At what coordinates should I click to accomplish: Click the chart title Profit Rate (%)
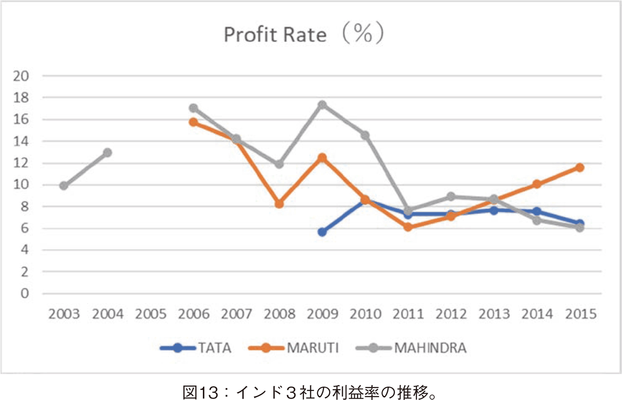click(303, 34)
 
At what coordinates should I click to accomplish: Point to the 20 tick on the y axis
click(21, 76)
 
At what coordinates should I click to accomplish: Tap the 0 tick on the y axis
click(24, 293)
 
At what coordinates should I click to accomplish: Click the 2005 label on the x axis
click(151, 314)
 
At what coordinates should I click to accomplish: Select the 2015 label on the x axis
click(580, 314)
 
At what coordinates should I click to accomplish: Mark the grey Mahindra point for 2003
click(64, 186)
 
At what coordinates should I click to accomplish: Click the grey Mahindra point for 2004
click(107, 153)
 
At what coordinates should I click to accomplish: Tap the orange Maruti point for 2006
click(194, 122)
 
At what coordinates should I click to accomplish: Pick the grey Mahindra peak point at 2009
click(322, 105)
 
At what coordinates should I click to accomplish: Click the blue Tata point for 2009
click(322, 232)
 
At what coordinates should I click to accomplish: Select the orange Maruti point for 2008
click(279, 204)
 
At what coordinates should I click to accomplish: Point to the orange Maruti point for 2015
click(580, 167)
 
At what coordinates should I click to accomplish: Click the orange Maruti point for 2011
click(408, 227)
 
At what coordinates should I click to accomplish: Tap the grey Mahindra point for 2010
click(365, 135)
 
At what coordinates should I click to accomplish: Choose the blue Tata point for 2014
click(537, 211)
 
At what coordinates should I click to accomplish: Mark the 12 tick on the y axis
click(21, 163)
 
